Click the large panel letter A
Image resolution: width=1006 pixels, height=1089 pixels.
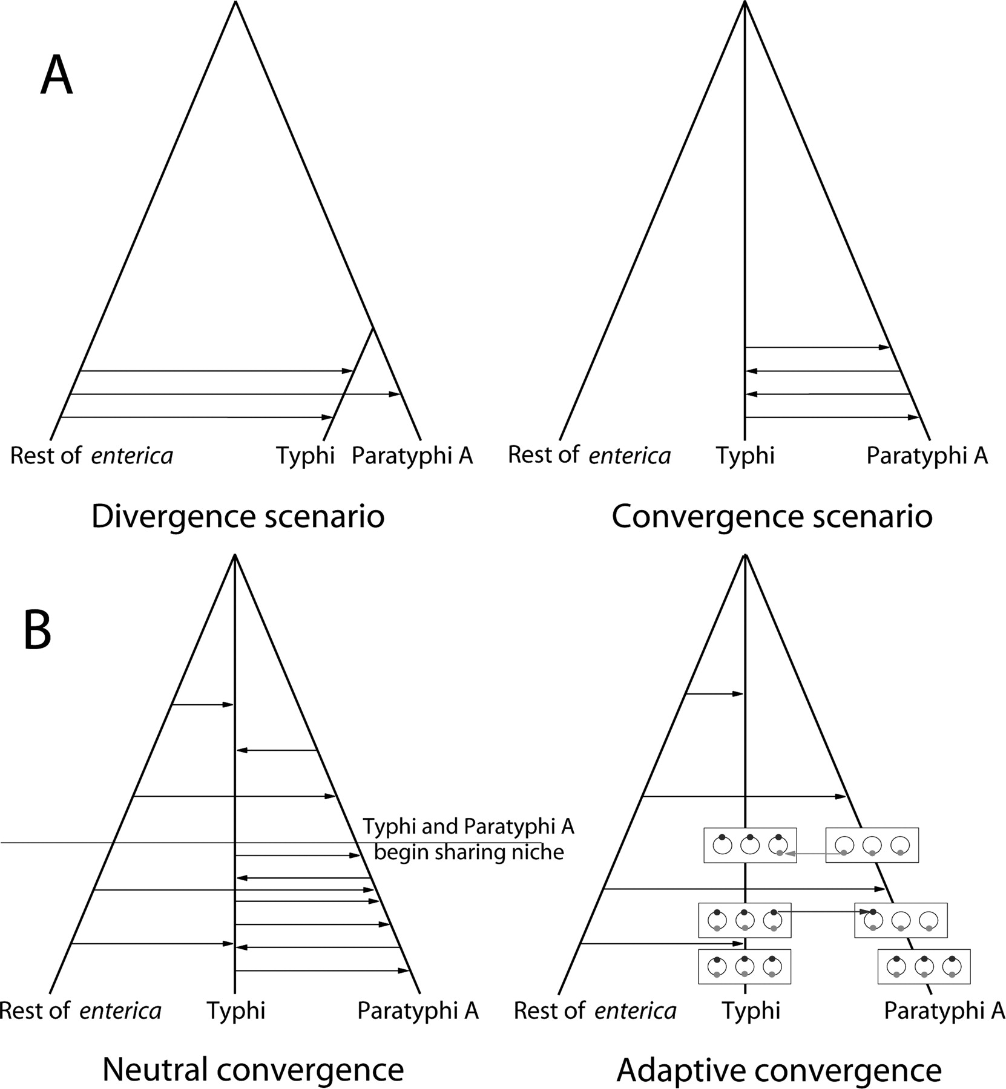(56, 79)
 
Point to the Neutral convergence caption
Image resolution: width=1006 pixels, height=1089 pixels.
(253, 1069)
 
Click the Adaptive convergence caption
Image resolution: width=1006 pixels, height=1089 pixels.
(779, 1070)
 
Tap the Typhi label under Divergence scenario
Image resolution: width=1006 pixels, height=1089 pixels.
(305, 456)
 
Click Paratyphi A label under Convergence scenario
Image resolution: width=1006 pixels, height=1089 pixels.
(927, 456)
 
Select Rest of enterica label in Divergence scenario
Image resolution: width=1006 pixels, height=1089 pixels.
(91, 456)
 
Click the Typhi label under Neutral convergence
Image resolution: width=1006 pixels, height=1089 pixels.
(236, 1010)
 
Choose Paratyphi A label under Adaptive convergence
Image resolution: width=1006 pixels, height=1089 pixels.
(944, 1010)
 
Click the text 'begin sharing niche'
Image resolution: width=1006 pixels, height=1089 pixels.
(469, 852)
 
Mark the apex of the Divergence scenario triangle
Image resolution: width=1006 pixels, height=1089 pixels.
(235, 3)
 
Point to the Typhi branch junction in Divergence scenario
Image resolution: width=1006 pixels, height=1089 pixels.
(373, 328)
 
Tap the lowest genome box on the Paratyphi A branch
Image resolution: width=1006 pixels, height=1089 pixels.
(924, 966)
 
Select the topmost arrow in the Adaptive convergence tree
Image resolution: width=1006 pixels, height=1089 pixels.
(714, 694)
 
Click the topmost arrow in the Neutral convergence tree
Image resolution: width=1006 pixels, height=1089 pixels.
(203, 704)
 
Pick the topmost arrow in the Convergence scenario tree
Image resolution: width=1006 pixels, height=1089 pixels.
(817, 347)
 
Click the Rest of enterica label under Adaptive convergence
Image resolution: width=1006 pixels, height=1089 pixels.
(595, 1010)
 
